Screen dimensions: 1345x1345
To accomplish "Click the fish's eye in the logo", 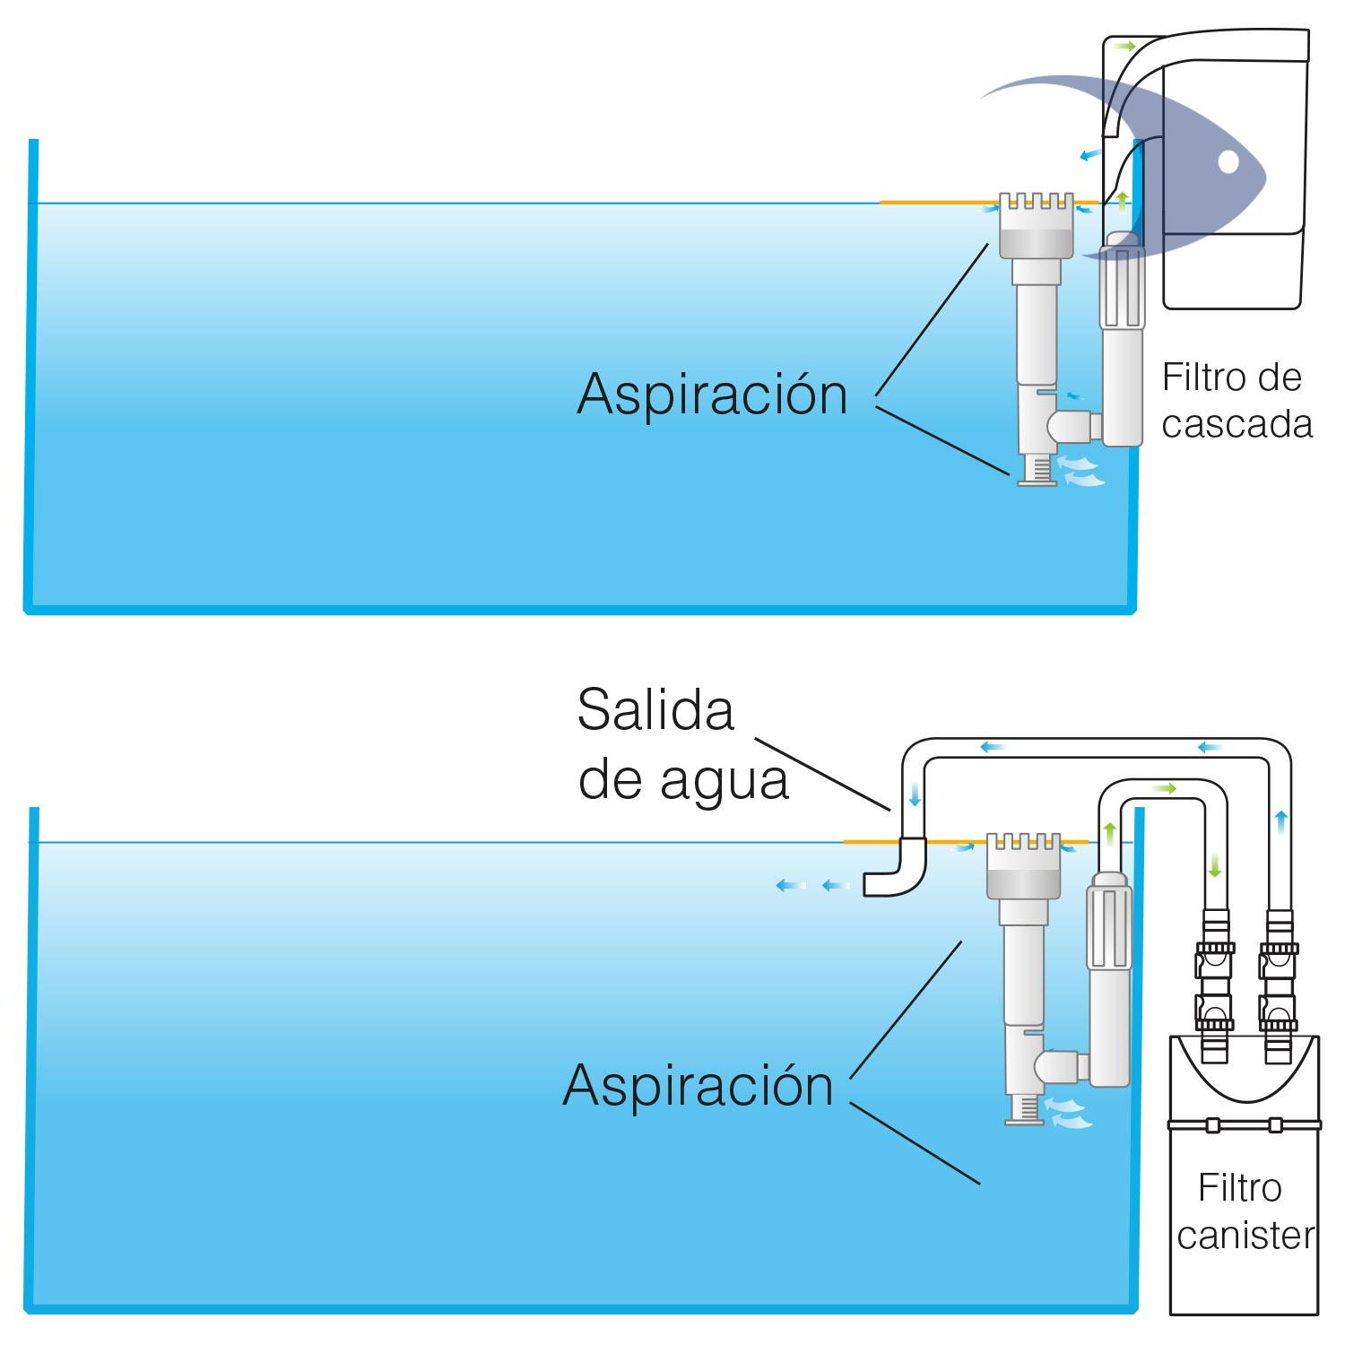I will point(1228,162).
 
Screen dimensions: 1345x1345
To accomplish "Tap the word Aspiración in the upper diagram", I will point(712,394).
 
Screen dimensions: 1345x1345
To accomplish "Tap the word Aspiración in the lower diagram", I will point(698,1086).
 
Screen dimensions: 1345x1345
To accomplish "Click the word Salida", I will point(655,711).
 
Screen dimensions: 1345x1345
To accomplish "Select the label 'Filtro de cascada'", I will point(1236,401).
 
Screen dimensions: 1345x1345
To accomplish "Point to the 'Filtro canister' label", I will point(1243,1212).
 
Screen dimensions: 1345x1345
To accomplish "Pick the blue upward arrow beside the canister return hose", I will point(1281,818).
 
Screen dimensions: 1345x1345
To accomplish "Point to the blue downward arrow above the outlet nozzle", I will point(914,794).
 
